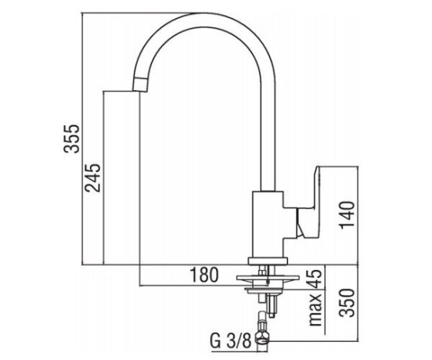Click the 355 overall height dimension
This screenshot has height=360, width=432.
pos(71,139)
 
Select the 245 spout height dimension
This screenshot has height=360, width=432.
pos(92,178)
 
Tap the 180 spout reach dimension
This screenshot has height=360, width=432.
pos(204,275)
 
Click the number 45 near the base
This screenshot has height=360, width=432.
pos(314,279)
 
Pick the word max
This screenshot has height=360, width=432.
pos(315,309)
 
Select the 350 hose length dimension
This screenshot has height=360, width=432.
pos(347,303)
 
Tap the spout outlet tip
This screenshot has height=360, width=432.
pos(139,89)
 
